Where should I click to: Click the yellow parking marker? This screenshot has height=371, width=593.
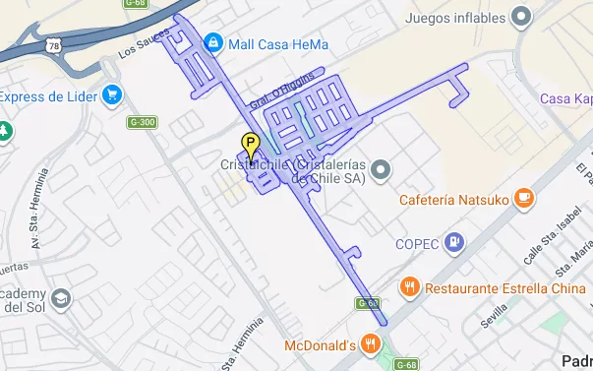(250, 145)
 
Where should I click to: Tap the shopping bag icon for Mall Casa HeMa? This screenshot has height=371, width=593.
(212, 43)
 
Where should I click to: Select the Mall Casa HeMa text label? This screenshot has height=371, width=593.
(277, 44)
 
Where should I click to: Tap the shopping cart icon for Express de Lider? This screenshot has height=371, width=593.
(113, 95)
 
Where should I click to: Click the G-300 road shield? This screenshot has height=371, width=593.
(142, 122)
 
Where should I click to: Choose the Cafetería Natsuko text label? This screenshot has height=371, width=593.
(453, 200)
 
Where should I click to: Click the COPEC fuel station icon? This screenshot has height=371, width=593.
(453, 240)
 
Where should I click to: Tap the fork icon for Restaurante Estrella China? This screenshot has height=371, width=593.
(410, 287)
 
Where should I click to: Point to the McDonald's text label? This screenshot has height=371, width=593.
(319, 345)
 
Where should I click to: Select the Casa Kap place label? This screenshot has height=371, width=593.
(566, 98)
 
